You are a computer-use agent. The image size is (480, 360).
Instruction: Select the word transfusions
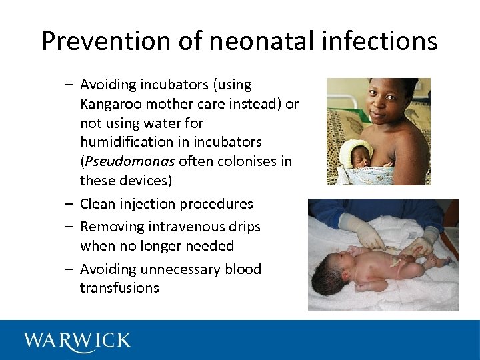click(x=119, y=288)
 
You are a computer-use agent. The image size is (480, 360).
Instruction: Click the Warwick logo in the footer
click(x=77, y=341)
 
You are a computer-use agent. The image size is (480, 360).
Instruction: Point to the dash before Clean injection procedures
click(x=69, y=204)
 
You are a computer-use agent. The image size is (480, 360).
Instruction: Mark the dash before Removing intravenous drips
click(x=69, y=227)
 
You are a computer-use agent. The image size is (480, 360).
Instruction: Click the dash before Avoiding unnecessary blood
click(x=69, y=269)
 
